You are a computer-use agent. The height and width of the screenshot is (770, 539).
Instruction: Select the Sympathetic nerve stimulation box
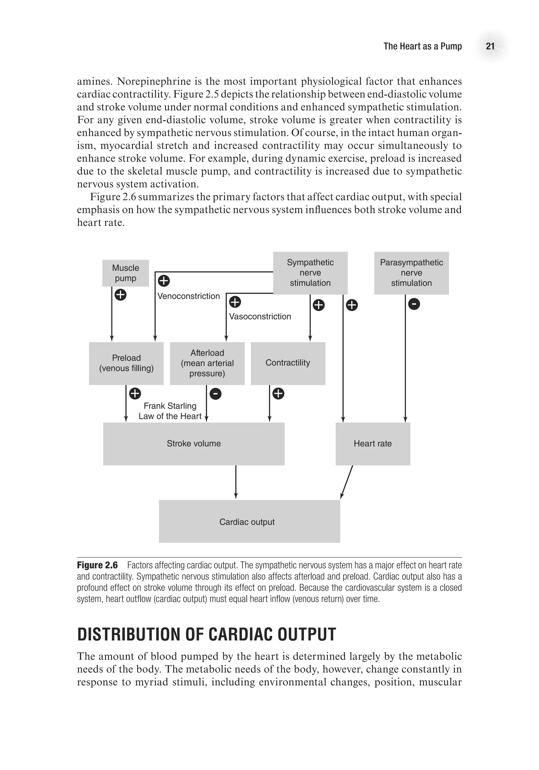(310, 273)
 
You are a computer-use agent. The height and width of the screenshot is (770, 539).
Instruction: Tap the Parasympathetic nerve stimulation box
(411, 273)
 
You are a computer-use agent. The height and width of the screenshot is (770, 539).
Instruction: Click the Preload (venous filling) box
(126, 363)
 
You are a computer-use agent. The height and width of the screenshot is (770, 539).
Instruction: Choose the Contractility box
(288, 363)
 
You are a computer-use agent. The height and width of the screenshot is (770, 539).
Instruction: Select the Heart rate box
(373, 444)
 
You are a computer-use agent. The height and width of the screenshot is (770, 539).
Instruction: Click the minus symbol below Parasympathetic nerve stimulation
(414, 304)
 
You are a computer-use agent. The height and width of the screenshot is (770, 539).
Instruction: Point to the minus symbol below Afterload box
(215, 393)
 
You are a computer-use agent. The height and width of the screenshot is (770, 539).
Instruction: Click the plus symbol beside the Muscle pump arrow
(121, 295)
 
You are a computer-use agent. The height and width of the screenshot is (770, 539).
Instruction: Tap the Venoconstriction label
(188, 296)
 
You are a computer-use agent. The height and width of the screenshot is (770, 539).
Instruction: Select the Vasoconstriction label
(260, 317)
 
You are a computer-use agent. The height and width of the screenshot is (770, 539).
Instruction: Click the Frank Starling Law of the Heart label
(170, 411)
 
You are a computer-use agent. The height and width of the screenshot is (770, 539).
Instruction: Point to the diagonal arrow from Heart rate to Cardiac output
(347, 482)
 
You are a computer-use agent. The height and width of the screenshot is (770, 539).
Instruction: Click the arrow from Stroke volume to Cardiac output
(236, 482)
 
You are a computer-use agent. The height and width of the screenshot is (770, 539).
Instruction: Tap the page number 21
(490, 46)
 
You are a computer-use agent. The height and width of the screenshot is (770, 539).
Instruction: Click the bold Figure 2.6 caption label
(97, 566)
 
